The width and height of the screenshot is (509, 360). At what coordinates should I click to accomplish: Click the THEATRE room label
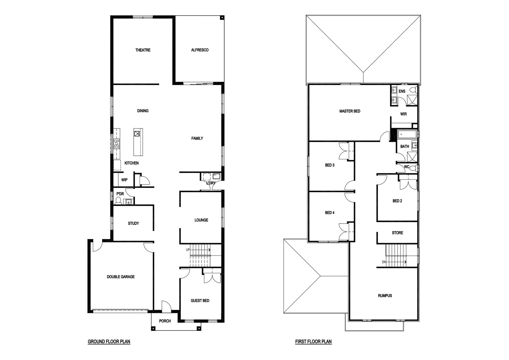pos(143,50)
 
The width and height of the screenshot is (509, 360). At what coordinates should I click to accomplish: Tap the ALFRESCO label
pos(200,50)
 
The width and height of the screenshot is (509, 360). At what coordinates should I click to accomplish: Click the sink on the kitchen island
pos(137,134)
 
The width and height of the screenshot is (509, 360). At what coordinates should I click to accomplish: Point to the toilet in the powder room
pos(118,201)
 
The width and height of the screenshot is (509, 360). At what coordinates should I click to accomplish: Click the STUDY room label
pos(133,224)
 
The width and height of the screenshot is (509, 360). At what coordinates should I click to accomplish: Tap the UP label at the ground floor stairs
pos(188,250)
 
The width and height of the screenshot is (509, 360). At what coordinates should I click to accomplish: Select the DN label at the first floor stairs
pos(384,262)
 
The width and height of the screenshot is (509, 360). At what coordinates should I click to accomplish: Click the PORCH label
pos(165,321)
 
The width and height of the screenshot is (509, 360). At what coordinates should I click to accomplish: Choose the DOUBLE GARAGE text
pos(121,277)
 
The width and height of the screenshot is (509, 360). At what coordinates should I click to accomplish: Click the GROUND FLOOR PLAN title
pos(109,342)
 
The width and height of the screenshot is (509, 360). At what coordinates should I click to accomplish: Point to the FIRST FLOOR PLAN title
pos(313,342)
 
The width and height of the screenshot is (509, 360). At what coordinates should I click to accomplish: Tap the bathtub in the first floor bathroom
pos(407,135)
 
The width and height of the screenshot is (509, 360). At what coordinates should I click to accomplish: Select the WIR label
pos(404,114)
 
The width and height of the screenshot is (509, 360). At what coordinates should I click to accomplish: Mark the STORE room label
pos(397,233)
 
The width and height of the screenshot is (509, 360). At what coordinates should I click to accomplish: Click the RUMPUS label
pos(385,296)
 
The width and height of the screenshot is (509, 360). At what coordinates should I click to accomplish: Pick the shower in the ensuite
pos(412,100)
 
